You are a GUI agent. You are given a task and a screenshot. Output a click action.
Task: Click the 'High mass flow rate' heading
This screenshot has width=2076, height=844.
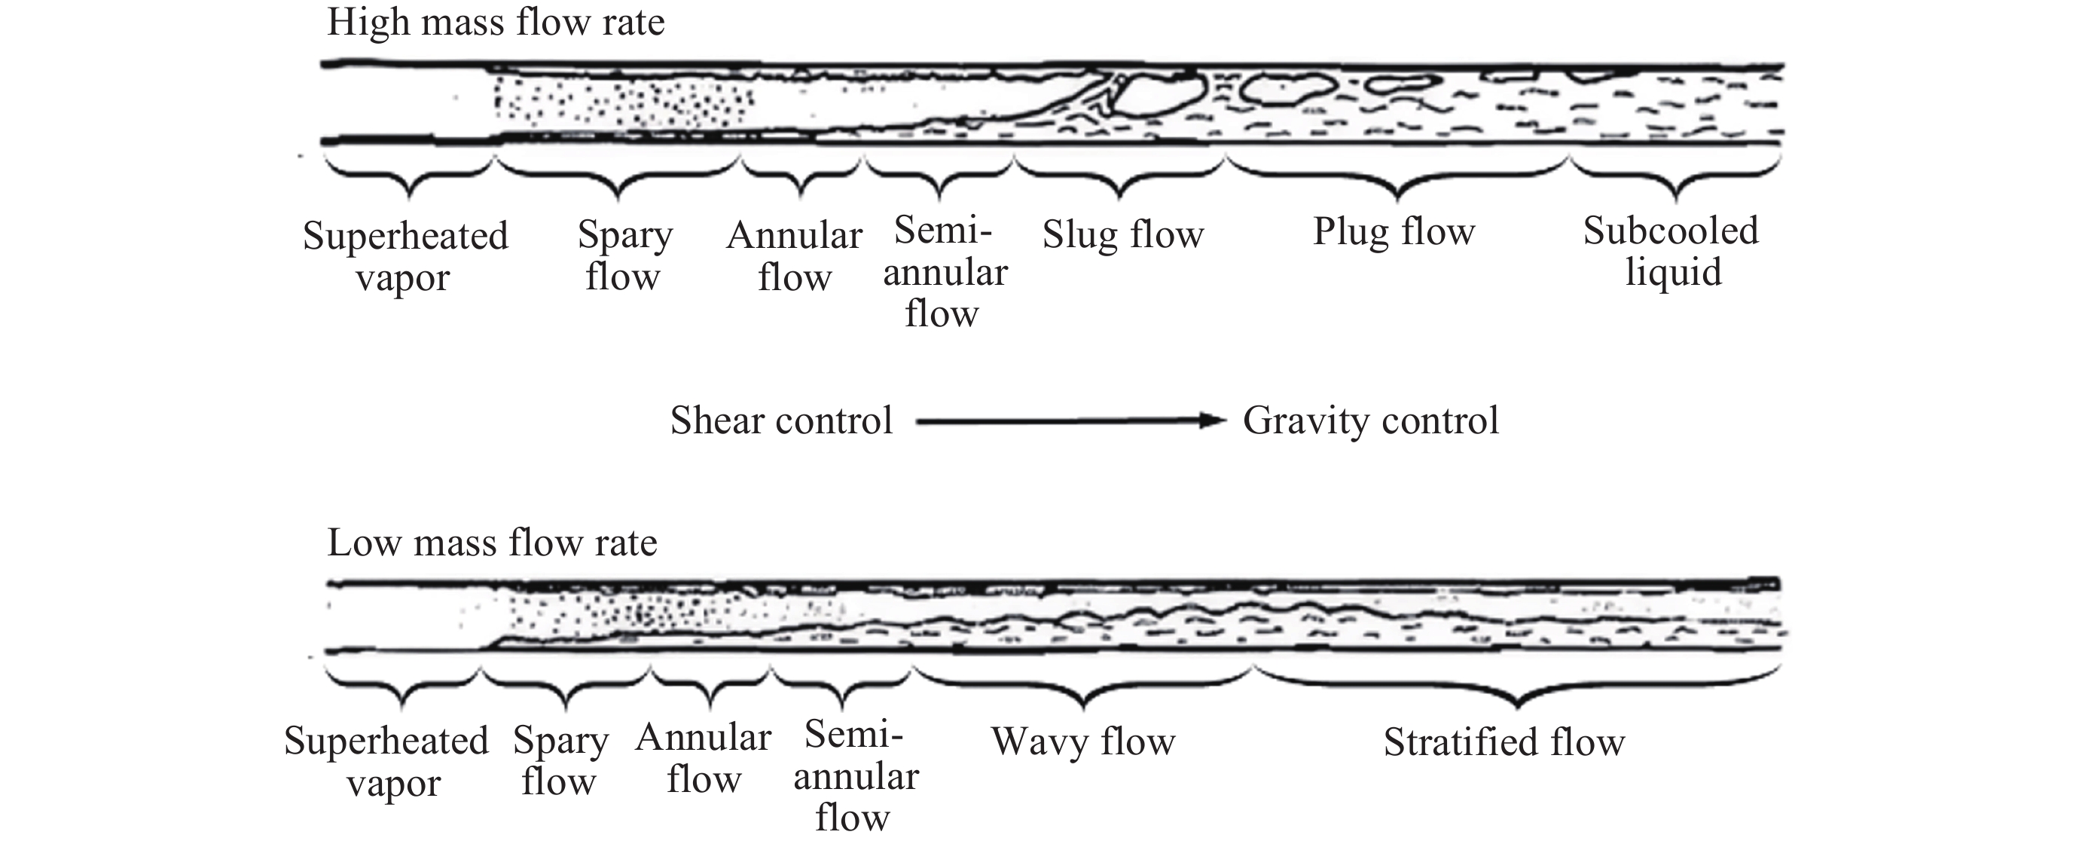pyautogui.click(x=496, y=23)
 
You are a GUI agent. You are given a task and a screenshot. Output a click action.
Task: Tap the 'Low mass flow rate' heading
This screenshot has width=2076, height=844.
pyautogui.click(x=492, y=543)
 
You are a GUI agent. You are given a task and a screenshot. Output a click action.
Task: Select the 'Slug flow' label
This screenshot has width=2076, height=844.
pyautogui.click(x=1122, y=234)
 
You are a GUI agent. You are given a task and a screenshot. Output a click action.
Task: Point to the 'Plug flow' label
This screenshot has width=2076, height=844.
pyautogui.click(x=1394, y=231)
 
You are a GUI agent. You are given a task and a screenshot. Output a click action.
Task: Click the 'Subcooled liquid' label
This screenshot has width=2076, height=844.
pyautogui.click(x=1671, y=252)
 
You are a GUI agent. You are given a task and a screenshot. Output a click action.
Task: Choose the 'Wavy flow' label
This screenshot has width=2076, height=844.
pyautogui.click(x=1082, y=741)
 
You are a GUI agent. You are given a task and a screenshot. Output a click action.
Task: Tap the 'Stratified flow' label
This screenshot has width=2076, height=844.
pyautogui.click(x=1504, y=742)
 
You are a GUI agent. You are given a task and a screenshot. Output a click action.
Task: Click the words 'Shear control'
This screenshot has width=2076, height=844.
pyautogui.click(x=781, y=420)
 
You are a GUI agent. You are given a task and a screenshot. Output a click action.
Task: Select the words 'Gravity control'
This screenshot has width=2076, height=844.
pyautogui.click(x=1370, y=420)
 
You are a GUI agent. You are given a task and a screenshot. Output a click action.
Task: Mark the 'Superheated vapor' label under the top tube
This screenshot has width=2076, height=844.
pyautogui.click(x=405, y=256)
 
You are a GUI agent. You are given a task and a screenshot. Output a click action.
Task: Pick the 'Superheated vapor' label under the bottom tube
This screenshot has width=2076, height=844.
pyautogui.click(x=387, y=761)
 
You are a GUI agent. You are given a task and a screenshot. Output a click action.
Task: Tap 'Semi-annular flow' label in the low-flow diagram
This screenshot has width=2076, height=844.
pyautogui.click(x=854, y=775)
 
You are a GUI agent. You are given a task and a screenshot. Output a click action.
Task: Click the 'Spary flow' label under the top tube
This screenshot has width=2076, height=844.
pyautogui.click(x=624, y=255)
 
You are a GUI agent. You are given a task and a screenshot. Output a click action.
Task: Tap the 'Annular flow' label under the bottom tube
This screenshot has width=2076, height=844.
pyautogui.click(x=703, y=759)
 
